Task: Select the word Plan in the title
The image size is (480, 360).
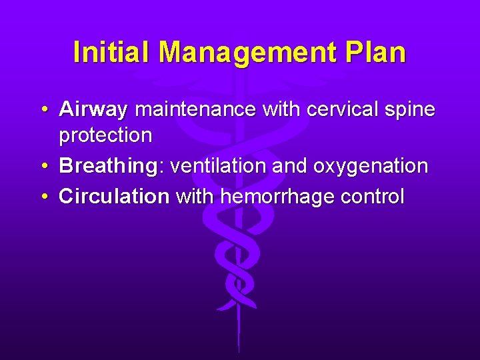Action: (377, 52)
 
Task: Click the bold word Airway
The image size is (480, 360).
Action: (93, 109)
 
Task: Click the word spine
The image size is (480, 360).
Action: (411, 109)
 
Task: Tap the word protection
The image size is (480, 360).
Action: (105, 135)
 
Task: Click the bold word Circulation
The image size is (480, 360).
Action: (114, 197)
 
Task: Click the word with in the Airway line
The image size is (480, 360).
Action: (281, 109)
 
